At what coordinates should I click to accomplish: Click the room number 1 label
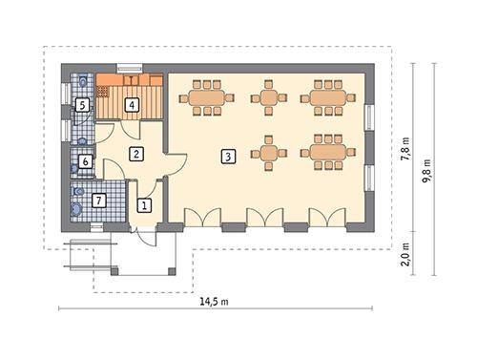144,204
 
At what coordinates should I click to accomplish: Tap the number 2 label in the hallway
137,154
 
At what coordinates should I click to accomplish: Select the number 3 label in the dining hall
227,157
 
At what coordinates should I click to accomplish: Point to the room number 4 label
133,105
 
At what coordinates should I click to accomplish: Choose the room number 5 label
83,105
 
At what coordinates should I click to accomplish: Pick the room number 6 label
86,162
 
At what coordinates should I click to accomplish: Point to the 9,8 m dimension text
428,169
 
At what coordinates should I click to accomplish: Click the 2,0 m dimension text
405,253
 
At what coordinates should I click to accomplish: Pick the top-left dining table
206,97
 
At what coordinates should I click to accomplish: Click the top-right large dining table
327,97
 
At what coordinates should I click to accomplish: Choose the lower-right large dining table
327,153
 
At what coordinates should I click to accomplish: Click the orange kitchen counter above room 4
134,81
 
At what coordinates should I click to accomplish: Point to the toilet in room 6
76,170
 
